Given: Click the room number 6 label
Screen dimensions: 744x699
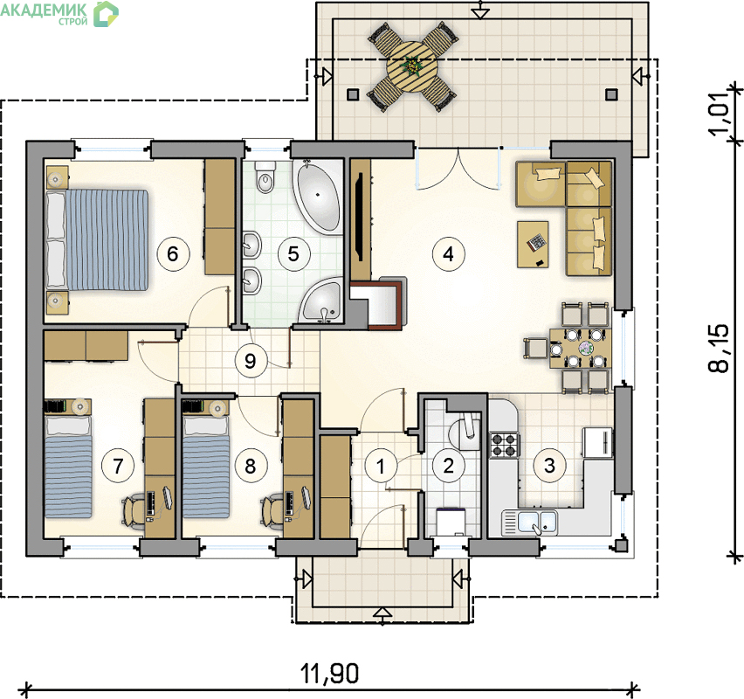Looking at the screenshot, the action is (172, 253).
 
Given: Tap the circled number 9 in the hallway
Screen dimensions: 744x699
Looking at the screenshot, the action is (251, 362).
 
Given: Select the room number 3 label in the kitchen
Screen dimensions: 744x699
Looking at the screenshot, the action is (549, 466).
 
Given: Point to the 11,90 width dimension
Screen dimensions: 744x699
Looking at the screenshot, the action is (330, 673).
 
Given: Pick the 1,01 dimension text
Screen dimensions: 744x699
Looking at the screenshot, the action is (720, 113).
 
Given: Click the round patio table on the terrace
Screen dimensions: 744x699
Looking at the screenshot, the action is (411, 66).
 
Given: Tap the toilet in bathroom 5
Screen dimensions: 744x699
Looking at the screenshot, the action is (265, 176).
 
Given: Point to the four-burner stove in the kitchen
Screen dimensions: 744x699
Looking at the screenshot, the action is (505, 445).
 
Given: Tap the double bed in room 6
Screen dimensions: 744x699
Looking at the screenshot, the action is (98, 239).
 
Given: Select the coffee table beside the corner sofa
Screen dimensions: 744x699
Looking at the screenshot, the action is (533, 245).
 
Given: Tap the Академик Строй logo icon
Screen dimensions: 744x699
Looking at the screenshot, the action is (106, 13).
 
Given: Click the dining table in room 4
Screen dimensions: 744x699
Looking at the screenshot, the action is (581, 349).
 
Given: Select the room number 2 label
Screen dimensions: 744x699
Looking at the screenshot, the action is (448, 466).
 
